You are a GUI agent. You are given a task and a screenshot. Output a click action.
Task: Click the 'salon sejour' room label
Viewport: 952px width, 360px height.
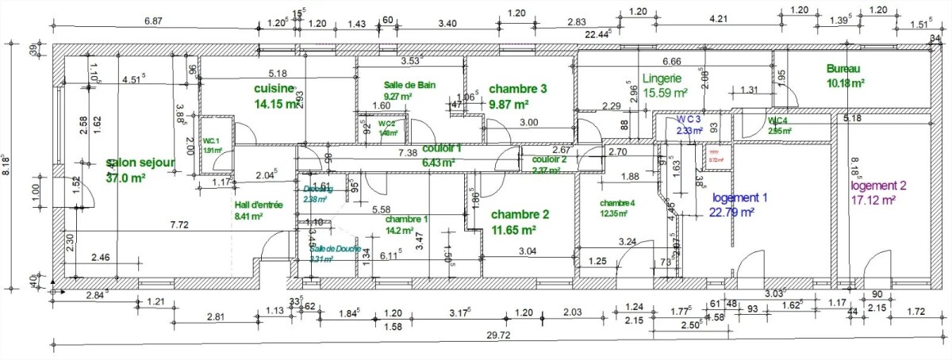pyautogui.click(x=140, y=163)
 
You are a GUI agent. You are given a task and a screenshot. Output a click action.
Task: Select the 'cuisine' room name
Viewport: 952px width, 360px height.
pyautogui.click(x=274, y=89)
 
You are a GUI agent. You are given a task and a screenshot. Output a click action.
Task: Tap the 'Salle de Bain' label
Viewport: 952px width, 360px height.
pyautogui.click(x=409, y=85)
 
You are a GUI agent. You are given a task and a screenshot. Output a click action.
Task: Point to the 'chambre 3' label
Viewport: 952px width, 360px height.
pyautogui.click(x=518, y=89)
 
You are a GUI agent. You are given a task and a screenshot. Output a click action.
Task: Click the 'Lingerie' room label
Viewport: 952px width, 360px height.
pyautogui.click(x=662, y=79)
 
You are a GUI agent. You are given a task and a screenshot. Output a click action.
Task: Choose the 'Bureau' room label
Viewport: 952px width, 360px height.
pyautogui.click(x=843, y=69)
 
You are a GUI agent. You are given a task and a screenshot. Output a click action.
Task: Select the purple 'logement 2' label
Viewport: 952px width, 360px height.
pyautogui.click(x=878, y=186)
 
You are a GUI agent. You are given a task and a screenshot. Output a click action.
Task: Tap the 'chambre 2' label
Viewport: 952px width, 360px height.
pyautogui.click(x=520, y=214)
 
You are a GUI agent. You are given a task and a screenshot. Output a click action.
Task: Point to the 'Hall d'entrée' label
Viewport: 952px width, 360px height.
pyautogui.click(x=259, y=205)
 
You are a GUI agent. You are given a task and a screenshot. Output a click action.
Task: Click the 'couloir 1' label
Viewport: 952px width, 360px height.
pyautogui.click(x=442, y=148)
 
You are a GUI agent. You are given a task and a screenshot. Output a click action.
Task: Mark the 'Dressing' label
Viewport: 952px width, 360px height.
pyautogui.click(x=319, y=189)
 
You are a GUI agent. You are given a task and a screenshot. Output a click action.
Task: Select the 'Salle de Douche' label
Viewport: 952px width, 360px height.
pyautogui.click(x=335, y=249)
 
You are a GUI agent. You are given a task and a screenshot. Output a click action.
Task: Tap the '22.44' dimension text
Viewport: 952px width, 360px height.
pyautogui.click(x=599, y=35)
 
